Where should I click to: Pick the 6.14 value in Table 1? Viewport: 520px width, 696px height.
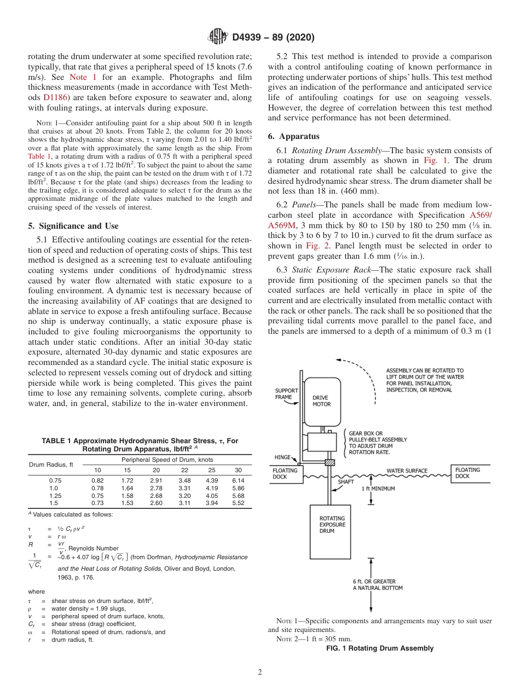[238, 480]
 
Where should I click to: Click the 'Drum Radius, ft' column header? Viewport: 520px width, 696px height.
[51, 465]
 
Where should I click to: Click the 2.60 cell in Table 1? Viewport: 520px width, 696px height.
[156, 503]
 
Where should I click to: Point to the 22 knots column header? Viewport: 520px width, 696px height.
[184, 470]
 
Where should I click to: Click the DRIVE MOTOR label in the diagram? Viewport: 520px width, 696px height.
[321, 401]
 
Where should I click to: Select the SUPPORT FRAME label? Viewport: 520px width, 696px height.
[286, 394]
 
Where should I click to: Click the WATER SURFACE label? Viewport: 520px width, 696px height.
[407, 471]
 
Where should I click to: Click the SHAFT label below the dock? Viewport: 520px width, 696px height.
[345, 482]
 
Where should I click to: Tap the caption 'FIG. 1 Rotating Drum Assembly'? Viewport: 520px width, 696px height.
[379, 648]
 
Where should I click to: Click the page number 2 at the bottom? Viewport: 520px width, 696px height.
[259, 672]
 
